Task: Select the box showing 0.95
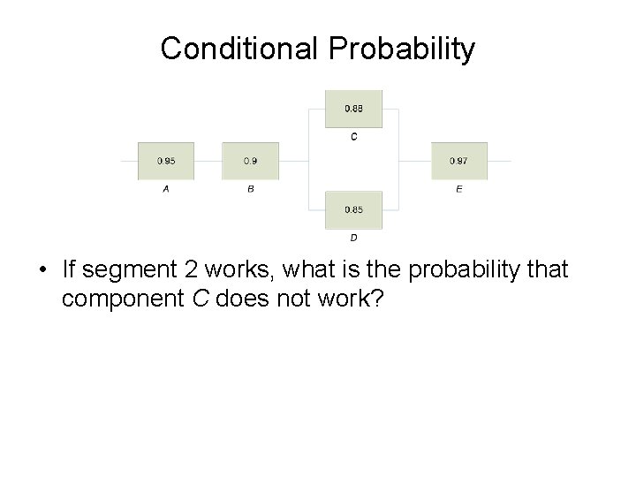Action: (165, 161)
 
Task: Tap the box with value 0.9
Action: (250, 161)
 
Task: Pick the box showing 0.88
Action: (353, 110)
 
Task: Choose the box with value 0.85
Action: (353, 209)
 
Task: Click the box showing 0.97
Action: (458, 161)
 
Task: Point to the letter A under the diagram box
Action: (166, 189)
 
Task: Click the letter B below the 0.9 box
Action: (251, 189)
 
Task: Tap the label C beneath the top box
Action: (354, 137)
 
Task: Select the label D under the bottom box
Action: (354, 238)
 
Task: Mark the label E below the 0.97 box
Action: (459, 189)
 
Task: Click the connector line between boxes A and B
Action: (208, 161)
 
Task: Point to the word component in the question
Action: (123, 300)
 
